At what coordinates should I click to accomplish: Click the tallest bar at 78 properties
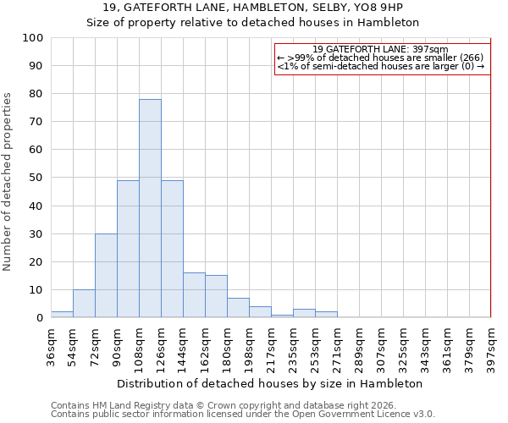(x=150, y=208)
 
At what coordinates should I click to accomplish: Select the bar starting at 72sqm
(x=106, y=275)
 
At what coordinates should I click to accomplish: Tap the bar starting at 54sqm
(x=84, y=303)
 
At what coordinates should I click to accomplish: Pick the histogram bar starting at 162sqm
(x=216, y=296)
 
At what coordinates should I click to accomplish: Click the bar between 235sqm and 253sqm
(x=304, y=313)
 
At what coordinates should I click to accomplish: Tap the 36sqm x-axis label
(x=51, y=343)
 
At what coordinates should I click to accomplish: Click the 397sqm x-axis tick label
(x=491, y=343)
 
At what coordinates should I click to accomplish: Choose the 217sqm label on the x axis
(x=271, y=343)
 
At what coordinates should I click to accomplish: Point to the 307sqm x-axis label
(x=381, y=343)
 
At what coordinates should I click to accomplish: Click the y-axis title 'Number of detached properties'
(x=8, y=182)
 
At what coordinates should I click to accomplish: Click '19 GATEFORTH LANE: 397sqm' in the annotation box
(x=380, y=49)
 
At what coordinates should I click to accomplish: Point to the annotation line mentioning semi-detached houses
(x=380, y=66)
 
